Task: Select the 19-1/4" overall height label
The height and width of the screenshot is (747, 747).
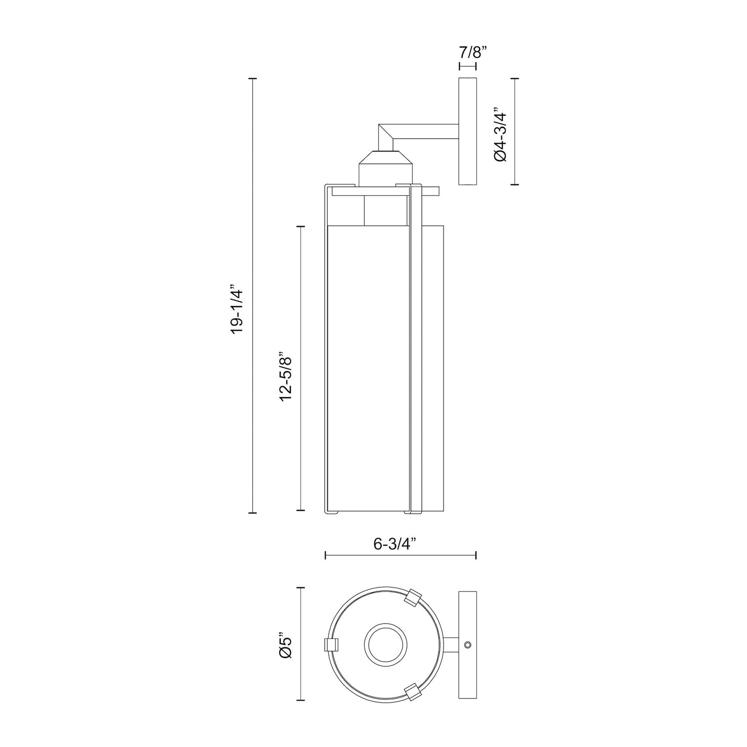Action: tap(237, 309)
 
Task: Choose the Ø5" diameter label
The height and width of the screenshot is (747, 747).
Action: tap(286, 644)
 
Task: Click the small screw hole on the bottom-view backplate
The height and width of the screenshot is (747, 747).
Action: tap(467, 645)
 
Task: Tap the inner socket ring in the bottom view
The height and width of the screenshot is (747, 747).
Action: tap(386, 645)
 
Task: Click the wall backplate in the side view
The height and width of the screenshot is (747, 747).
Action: tap(467, 131)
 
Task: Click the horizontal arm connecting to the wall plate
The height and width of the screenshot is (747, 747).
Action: tap(429, 131)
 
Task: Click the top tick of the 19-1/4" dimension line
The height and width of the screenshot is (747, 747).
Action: tap(252, 78)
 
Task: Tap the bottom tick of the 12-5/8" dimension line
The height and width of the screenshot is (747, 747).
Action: tap(301, 510)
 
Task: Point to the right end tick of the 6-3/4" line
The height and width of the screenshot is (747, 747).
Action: tap(476, 555)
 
